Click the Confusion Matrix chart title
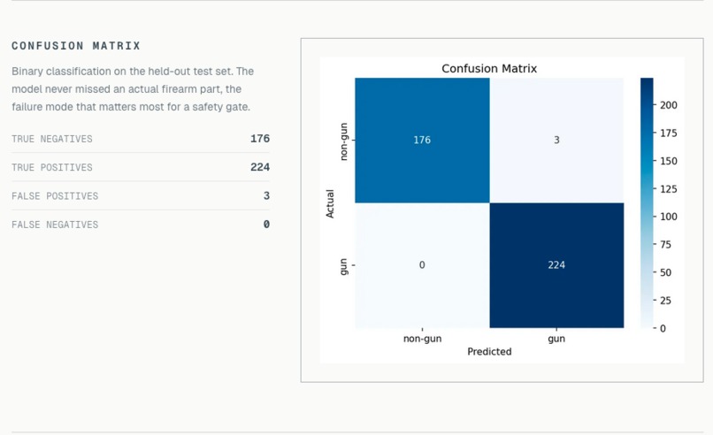point(488,68)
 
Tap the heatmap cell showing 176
point(422,140)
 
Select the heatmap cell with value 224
point(556,265)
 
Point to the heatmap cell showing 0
point(422,265)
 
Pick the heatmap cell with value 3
point(556,140)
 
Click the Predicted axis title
point(489,351)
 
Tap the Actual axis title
point(330,202)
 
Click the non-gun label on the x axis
point(422,339)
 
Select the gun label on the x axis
point(556,339)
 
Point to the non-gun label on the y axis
point(344,141)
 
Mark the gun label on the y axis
point(344,265)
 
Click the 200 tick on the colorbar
point(668,105)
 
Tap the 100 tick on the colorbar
point(668,217)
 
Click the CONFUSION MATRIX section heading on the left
point(76,46)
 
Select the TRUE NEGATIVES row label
point(52,139)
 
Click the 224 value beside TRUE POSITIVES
point(260,167)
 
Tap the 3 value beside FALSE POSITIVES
point(266,195)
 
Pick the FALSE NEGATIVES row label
point(55,225)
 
